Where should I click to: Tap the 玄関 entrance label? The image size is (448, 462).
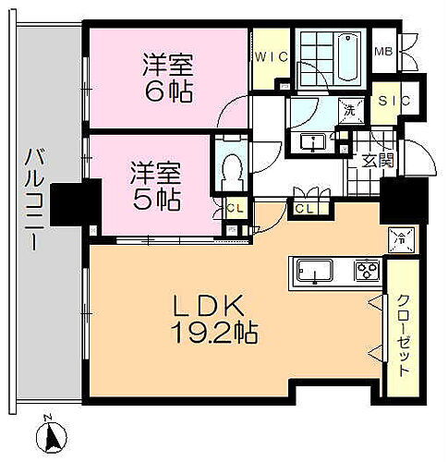(376, 162)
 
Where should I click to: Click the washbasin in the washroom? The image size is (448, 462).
(311, 142)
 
